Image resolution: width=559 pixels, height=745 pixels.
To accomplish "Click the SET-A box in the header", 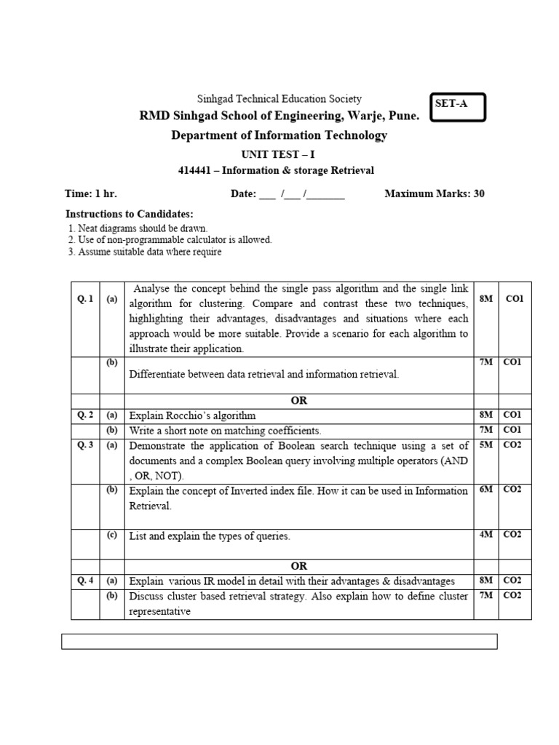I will (457, 108).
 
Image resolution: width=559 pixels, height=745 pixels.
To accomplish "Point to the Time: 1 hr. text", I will (91, 194).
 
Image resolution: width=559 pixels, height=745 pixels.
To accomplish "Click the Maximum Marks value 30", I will (478, 194).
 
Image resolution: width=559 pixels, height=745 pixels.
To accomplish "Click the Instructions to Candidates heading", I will (130, 214).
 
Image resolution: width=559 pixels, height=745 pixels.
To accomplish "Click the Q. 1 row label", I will (85, 299).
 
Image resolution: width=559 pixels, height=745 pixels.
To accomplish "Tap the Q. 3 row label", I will (85, 445).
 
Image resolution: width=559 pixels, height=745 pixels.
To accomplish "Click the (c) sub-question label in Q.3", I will (112, 535).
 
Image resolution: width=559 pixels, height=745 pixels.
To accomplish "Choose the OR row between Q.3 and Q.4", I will (298, 565).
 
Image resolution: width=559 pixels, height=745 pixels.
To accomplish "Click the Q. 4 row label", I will (85, 581).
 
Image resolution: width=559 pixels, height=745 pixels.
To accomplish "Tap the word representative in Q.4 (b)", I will (159, 612).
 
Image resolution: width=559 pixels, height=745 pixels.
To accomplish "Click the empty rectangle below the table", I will (279, 641).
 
